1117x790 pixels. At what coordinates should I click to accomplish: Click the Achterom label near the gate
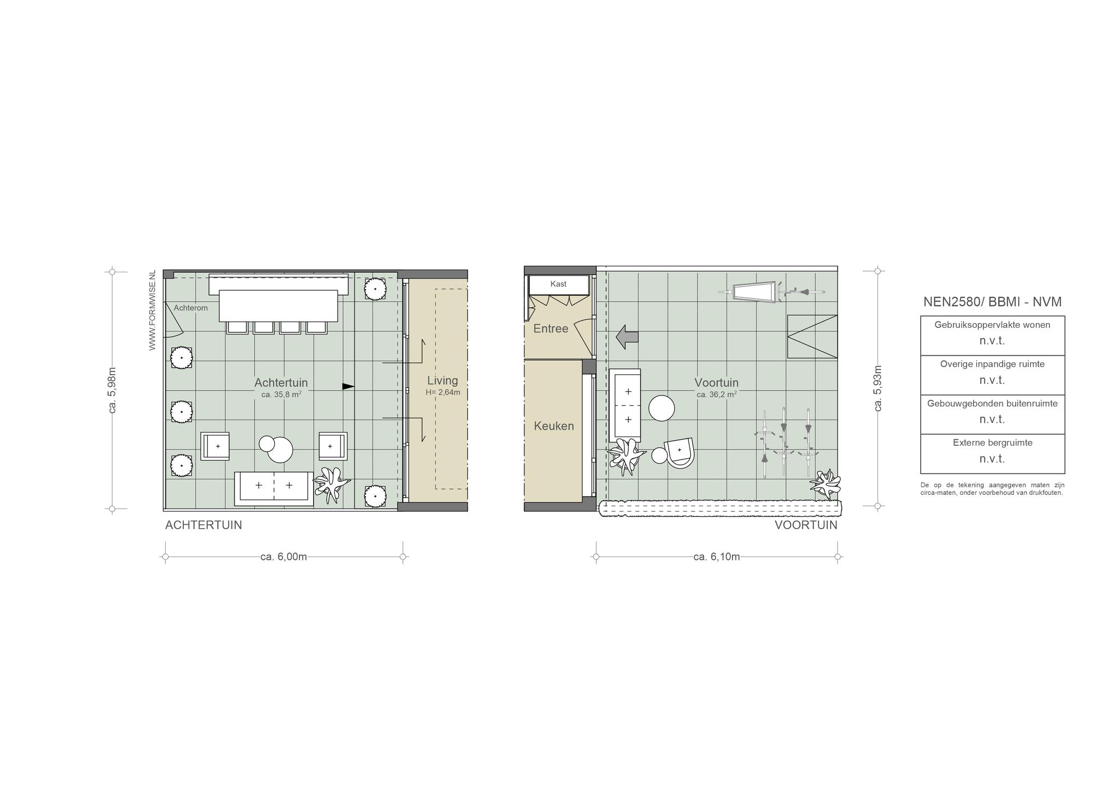(x=190, y=308)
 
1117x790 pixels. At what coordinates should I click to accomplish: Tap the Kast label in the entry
(x=558, y=284)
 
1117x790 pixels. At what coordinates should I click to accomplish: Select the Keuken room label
(x=554, y=426)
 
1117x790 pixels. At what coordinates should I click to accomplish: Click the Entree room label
(x=551, y=328)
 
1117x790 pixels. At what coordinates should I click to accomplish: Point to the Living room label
(x=442, y=380)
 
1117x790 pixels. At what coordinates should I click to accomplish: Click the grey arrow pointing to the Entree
(x=627, y=337)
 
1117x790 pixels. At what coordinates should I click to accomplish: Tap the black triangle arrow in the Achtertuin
(x=348, y=386)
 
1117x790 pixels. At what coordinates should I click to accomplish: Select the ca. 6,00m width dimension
(x=284, y=556)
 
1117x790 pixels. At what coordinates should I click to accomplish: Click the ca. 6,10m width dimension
(x=717, y=556)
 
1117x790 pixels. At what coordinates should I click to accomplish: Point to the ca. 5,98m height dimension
(x=112, y=390)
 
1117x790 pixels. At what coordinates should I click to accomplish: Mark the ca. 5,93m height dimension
(x=878, y=388)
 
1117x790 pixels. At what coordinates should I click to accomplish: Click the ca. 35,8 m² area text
(x=281, y=394)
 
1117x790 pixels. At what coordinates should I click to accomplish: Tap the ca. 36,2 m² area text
(x=717, y=394)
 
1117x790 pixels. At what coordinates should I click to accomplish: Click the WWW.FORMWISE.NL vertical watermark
(x=152, y=310)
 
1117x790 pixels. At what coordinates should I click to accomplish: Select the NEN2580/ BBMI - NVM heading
(x=993, y=302)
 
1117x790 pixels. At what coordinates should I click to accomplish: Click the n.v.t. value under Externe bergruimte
(x=992, y=458)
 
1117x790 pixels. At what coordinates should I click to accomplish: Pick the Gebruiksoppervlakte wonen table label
(x=993, y=325)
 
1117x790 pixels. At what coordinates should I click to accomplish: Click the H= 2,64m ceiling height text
(x=443, y=392)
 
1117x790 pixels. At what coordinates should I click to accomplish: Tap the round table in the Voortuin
(x=662, y=408)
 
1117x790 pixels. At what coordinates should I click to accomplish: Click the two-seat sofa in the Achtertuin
(x=274, y=489)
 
